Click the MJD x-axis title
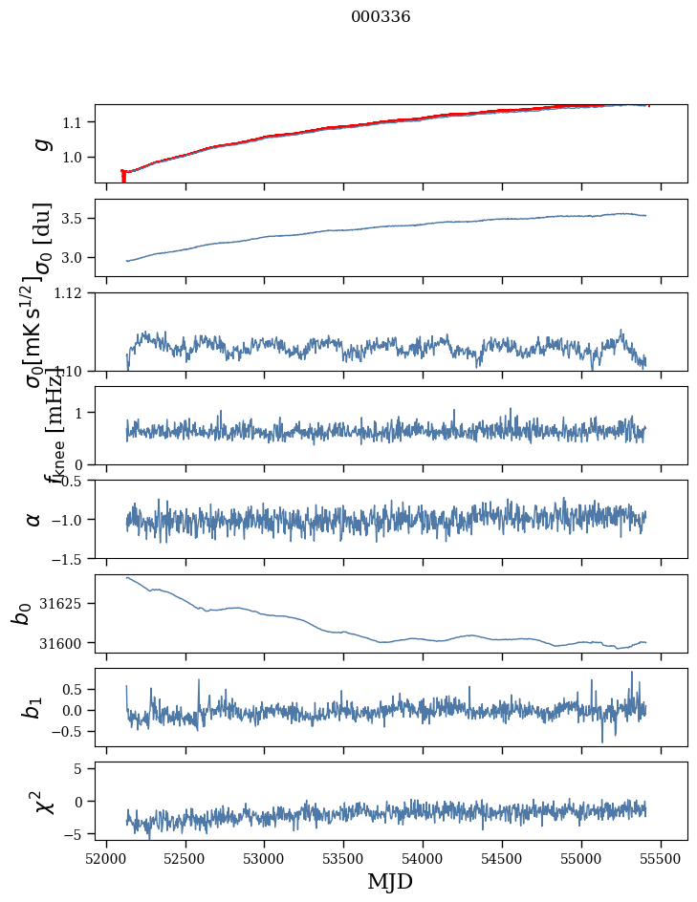pyautogui.click(x=390, y=881)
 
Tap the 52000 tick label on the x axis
pyautogui.click(x=106, y=857)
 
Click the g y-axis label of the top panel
pyautogui.click(x=41, y=143)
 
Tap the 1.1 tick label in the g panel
pyautogui.click(x=76, y=122)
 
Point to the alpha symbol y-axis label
pyautogui.click(x=34, y=519)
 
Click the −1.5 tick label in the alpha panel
pyautogui.click(x=69, y=558)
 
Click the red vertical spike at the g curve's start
pyautogui.click(x=123, y=177)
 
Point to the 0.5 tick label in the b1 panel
pyautogui.click(x=72, y=689)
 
